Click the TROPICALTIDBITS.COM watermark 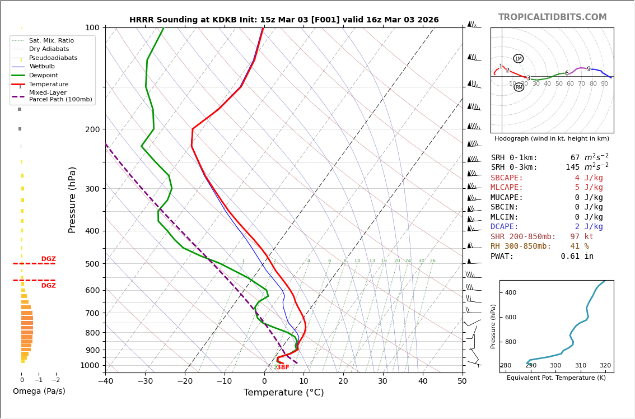click(552, 17)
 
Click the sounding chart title click(284, 20)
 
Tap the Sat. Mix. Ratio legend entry click(52, 40)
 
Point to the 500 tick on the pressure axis click(92, 264)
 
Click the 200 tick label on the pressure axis click(92, 129)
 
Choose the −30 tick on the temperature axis click(145, 381)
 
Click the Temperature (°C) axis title click(283, 393)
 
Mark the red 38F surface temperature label click(283, 367)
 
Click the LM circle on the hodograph click(519, 59)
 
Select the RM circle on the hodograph click(519, 87)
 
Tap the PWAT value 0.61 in click(577, 257)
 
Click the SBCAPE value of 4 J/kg click(589, 178)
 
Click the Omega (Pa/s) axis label click(39, 391)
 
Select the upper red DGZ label click(48, 259)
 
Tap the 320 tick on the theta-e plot click(605, 366)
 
